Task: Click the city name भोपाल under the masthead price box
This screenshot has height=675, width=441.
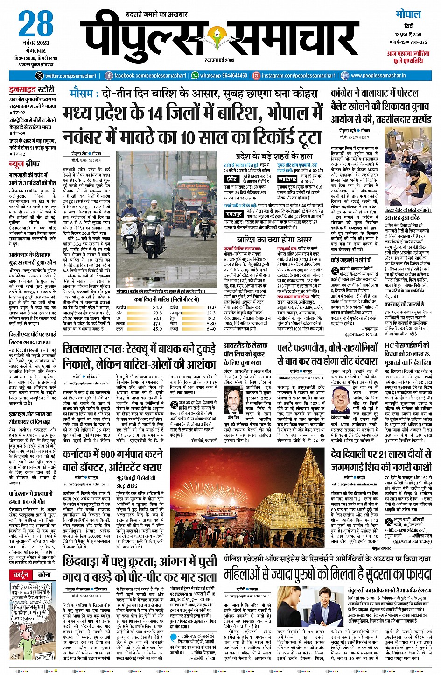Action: [x=408, y=14]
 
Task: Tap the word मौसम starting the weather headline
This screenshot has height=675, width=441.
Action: [x=84, y=93]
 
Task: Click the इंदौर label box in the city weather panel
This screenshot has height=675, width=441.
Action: [x=232, y=178]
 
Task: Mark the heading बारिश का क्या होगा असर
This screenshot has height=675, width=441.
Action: [x=274, y=240]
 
